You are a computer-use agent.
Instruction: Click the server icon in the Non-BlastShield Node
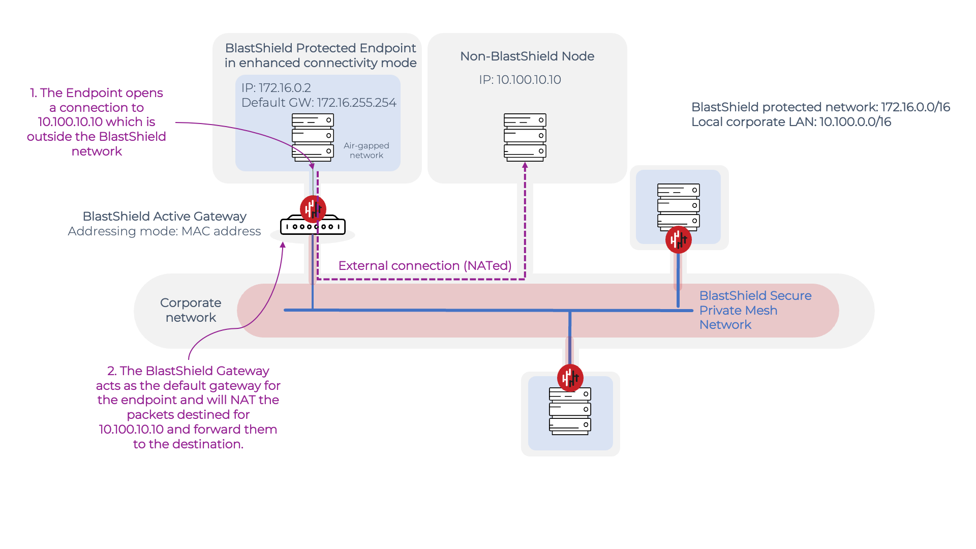(x=525, y=137)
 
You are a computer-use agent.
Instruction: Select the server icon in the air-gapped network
(x=313, y=137)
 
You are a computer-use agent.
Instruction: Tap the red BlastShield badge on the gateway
(x=313, y=208)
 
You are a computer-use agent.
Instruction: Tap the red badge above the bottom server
(x=570, y=378)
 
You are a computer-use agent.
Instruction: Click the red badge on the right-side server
(x=678, y=240)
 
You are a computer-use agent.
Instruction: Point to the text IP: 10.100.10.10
(x=520, y=80)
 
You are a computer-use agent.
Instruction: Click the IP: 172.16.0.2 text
(x=276, y=88)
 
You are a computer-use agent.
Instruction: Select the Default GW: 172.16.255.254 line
(x=319, y=103)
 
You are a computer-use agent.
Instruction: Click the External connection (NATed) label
(x=424, y=266)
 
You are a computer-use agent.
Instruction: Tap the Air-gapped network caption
(x=366, y=150)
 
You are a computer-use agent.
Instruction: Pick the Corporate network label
(x=191, y=310)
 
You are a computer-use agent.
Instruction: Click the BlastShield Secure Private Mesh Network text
(x=755, y=310)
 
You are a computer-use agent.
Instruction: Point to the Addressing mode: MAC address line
(x=164, y=231)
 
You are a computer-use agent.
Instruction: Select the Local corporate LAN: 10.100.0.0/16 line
(x=791, y=122)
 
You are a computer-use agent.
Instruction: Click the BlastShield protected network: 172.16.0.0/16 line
(x=820, y=107)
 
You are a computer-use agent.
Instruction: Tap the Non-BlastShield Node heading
(x=527, y=56)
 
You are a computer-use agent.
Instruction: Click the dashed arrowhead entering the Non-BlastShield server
(x=525, y=165)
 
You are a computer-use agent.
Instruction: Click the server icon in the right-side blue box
(x=678, y=206)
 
